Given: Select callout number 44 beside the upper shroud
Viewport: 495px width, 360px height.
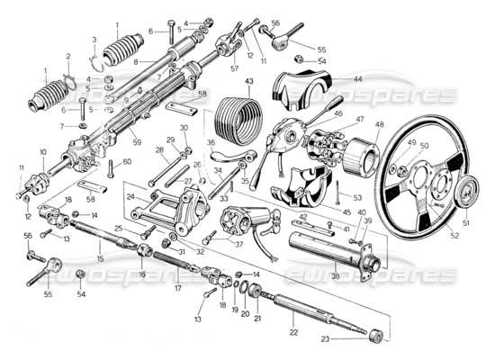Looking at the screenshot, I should click(x=358, y=80).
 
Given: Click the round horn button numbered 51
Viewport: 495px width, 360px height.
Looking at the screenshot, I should click(x=465, y=193).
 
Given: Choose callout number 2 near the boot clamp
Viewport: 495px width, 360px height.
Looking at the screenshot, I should click(x=67, y=57).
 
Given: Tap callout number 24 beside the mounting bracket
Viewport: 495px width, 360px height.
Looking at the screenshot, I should click(x=130, y=195).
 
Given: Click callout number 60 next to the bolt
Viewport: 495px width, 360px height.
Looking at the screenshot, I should click(x=127, y=161).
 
